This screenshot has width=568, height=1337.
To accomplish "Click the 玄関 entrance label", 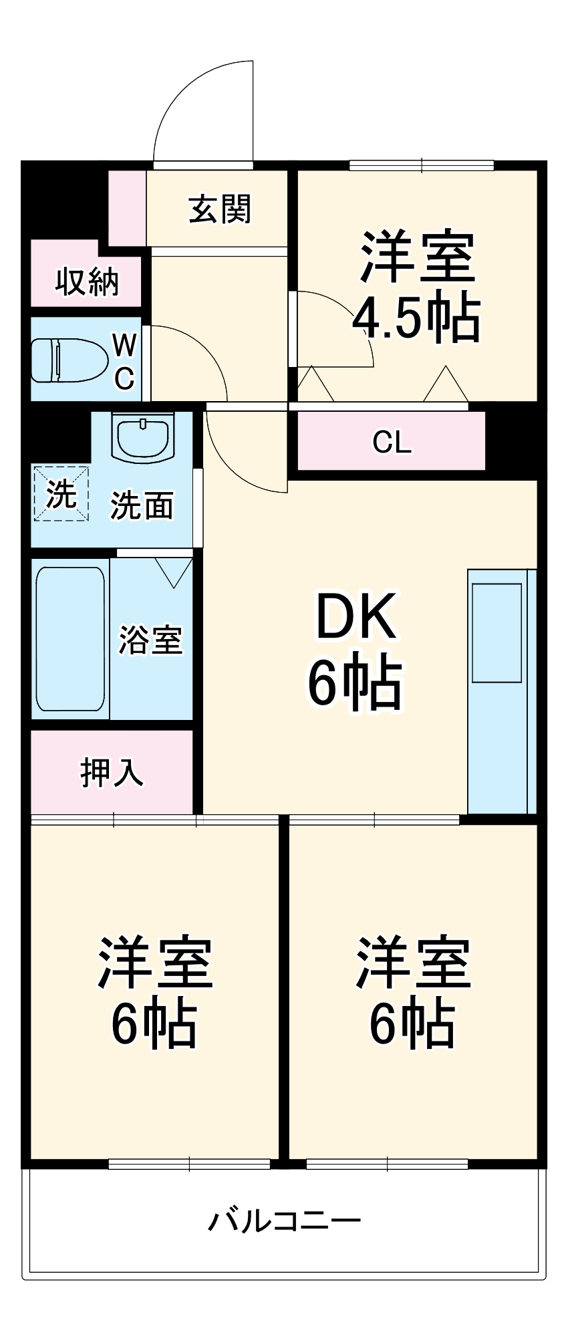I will [219, 209].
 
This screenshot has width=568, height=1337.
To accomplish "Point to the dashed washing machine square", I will [61, 494].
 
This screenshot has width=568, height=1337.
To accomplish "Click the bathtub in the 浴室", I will [70, 639].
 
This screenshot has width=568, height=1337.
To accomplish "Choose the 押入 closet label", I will [112, 773].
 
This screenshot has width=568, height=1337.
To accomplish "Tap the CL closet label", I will [392, 442].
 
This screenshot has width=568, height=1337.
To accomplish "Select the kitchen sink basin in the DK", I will [496, 632].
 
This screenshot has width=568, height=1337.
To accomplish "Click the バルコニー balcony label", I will [284, 1220].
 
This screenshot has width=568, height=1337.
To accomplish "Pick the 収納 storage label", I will [87, 281].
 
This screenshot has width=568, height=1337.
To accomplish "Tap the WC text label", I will [125, 362].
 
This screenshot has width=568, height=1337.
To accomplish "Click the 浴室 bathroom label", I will [150, 639].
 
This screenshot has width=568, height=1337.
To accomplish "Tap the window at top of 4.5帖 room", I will [421, 165].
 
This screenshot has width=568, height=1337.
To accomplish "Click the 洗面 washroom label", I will [142, 505].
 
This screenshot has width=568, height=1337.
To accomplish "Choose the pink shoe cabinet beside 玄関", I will [127, 208].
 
